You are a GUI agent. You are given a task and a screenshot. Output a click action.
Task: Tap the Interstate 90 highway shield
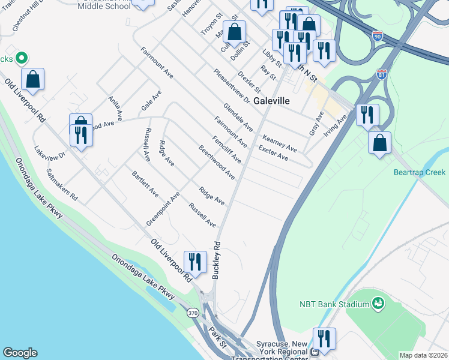377,35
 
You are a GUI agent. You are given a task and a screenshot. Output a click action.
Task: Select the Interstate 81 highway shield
382,74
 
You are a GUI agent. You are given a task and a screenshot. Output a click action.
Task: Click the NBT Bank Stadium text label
334,304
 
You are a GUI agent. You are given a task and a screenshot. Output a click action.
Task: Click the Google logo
20,353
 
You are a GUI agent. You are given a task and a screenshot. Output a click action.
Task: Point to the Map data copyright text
423,355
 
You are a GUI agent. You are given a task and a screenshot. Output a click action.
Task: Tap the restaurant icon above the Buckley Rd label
195,261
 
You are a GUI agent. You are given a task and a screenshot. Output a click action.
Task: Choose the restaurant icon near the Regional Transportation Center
324,338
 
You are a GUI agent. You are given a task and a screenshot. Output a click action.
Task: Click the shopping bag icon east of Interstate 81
379,143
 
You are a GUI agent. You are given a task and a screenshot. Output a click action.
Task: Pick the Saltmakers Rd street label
62,184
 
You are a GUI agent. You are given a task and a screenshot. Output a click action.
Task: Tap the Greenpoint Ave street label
163,209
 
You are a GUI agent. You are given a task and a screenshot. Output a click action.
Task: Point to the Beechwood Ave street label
217,161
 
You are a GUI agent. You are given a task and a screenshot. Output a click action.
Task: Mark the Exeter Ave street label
273,152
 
